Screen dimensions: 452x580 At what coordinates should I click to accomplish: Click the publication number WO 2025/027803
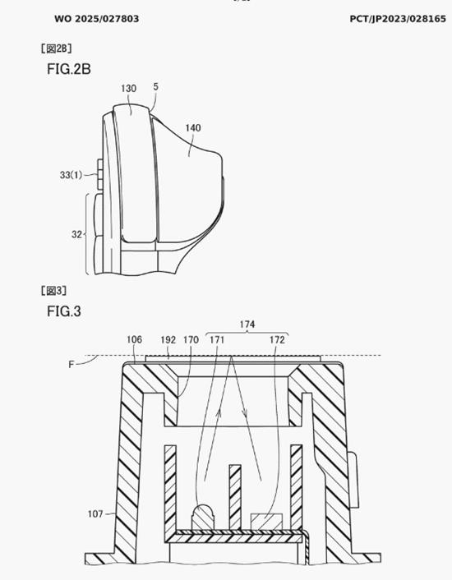pos(96,19)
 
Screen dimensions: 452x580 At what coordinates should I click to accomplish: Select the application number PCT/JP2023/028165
pos(398,19)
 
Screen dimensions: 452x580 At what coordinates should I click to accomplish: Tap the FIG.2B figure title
pos(69,69)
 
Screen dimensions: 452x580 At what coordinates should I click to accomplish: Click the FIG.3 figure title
pos(63,311)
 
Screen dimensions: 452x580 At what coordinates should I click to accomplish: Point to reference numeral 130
pos(128,89)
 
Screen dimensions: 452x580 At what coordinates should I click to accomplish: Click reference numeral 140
pos(192,128)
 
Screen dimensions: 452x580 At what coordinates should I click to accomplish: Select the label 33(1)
pos(71,175)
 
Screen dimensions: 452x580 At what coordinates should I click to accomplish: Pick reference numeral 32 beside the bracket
pos(76,234)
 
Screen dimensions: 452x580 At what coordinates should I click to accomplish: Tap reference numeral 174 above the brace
pos(247,325)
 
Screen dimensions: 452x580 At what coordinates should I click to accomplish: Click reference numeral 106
pos(134,339)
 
